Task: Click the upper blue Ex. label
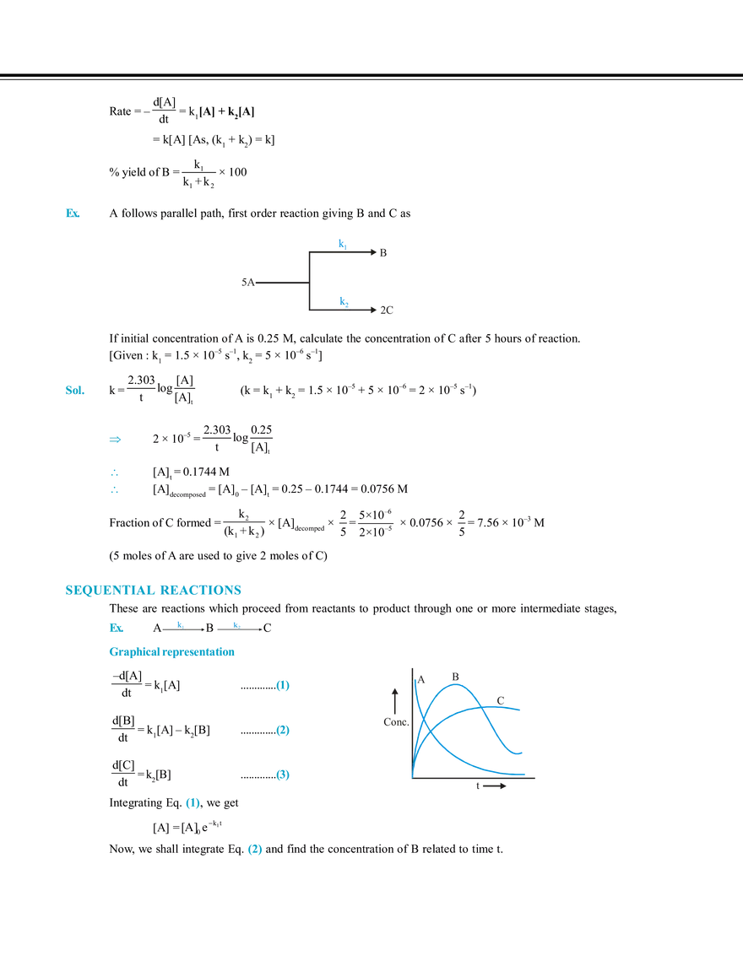click(x=73, y=214)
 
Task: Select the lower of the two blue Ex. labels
click(x=74, y=391)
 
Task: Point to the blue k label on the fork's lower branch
click(x=343, y=300)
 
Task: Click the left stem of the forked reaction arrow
click(x=270, y=283)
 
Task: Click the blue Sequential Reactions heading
click(x=152, y=590)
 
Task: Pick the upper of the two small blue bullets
click(x=115, y=472)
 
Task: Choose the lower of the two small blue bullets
click(x=115, y=490)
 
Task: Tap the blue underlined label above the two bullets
click(x=125, y=440)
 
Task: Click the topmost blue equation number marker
click(x=284, y=686)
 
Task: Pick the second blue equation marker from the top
click(x=284, y=731)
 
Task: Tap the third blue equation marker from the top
click(x=284, y=774)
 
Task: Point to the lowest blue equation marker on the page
click(x=253, y=850)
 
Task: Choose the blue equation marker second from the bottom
click(x=193, y=807)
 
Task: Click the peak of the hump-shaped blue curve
click(x=457, y=685)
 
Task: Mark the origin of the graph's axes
click(x=412, y=777)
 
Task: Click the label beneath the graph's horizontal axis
click(x=491, y=789)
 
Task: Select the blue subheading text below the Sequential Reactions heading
click(x=171, y=652)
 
